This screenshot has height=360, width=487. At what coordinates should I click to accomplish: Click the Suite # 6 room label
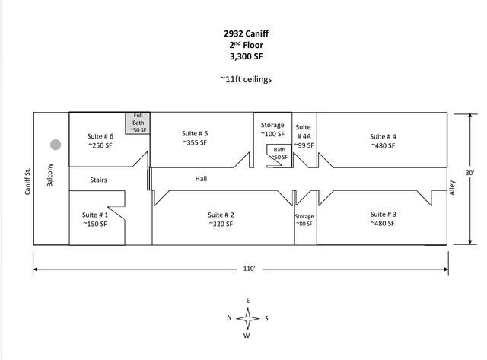[x=100, y=140]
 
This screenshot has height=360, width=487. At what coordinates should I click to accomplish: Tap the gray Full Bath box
[x=138, y=123]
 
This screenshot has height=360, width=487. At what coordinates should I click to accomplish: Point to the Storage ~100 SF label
[x=272, y=129]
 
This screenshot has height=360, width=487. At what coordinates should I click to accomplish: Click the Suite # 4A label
[x=304, y=135]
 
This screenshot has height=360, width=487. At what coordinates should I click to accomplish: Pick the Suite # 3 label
[x=382, y=218]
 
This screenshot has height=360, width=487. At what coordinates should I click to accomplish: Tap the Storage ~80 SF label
[x=304, y=221]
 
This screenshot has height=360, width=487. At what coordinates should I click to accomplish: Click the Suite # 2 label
[x=221, y=219]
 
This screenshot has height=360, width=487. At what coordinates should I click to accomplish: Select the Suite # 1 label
[x=94, y=219]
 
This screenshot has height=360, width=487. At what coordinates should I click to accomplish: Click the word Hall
[x=202, y=179]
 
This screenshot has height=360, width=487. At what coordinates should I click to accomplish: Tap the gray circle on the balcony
[x=55, y=145]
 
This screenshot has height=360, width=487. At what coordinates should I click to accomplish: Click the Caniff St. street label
[x=27, y=178]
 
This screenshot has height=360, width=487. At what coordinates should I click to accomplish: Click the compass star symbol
[x=248, y=317]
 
